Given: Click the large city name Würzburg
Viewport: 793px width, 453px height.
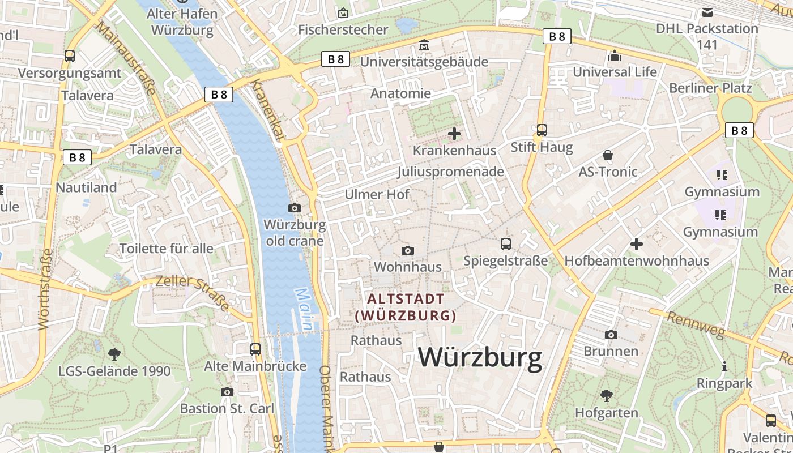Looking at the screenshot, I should click(x=480, y=358).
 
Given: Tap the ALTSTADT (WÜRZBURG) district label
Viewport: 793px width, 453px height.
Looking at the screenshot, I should click(x=406, y=307).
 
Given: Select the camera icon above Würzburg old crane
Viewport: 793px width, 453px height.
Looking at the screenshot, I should click(x=294, y=208).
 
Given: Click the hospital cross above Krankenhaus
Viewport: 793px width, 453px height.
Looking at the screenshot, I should click(x=454, y=134).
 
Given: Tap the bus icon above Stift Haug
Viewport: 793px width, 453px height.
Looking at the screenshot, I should click(x=542, y=130).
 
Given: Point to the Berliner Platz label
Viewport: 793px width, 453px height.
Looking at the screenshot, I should click(x=710, y=88).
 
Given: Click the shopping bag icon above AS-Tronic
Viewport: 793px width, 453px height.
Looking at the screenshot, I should click(x=608, y=155).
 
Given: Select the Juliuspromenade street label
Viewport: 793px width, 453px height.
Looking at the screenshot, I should click(x=450, y=171).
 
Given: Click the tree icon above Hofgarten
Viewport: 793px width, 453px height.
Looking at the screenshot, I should click(x=607, y=395).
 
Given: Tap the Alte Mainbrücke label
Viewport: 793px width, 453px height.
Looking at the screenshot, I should click(x=255, y=366).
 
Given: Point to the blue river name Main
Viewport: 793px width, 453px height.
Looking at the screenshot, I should click(x=305, y=310).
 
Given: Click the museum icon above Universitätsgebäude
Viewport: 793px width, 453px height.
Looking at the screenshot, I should click(x=424, y=44).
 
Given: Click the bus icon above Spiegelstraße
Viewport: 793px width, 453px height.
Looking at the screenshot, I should click(x=506, y=244).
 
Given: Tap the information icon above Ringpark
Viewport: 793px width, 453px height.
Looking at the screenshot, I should click(x=724, y=366).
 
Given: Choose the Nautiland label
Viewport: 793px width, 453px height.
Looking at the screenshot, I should click(x=86, y=187).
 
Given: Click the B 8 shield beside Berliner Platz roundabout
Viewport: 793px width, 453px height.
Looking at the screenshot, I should click(x=739, y=131).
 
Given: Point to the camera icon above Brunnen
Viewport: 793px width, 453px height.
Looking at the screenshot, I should click(x=611, y=335).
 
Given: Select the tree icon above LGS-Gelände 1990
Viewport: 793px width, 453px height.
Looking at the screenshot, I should click(x=114, y=354).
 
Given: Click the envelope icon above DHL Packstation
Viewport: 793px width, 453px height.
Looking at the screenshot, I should click(x=707, y=12).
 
